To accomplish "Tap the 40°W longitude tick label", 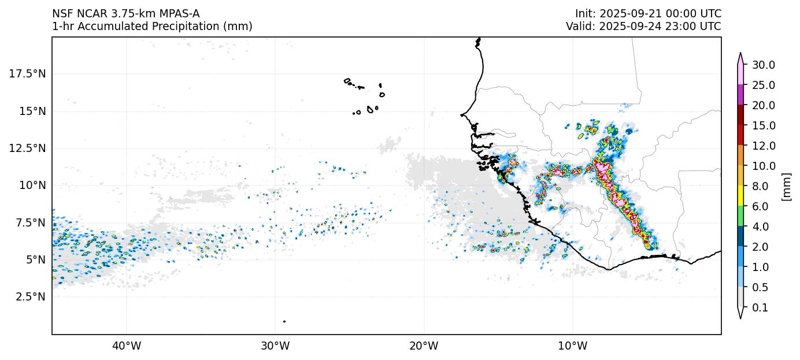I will [x=126, y=346].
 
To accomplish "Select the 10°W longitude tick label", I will [x=572, y=346].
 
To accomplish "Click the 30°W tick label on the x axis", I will [x=275, y=346].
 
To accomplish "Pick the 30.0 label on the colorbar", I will [x=763, y=65].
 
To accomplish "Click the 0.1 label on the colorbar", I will [x=760, y=308].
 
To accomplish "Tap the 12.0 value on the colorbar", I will [x=763, y=146].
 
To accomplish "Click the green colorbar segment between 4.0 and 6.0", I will [x=740, y=217].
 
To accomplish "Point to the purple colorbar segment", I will [x=740, y=95].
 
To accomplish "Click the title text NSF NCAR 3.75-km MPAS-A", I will [x=125, y=13].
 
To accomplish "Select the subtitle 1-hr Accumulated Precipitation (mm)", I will [x=152, y=26].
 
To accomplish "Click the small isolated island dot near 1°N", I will [x=284, y=321].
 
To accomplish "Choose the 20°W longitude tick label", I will [x=424, y=346].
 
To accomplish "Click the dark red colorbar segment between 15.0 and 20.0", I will [x=740, y=115].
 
